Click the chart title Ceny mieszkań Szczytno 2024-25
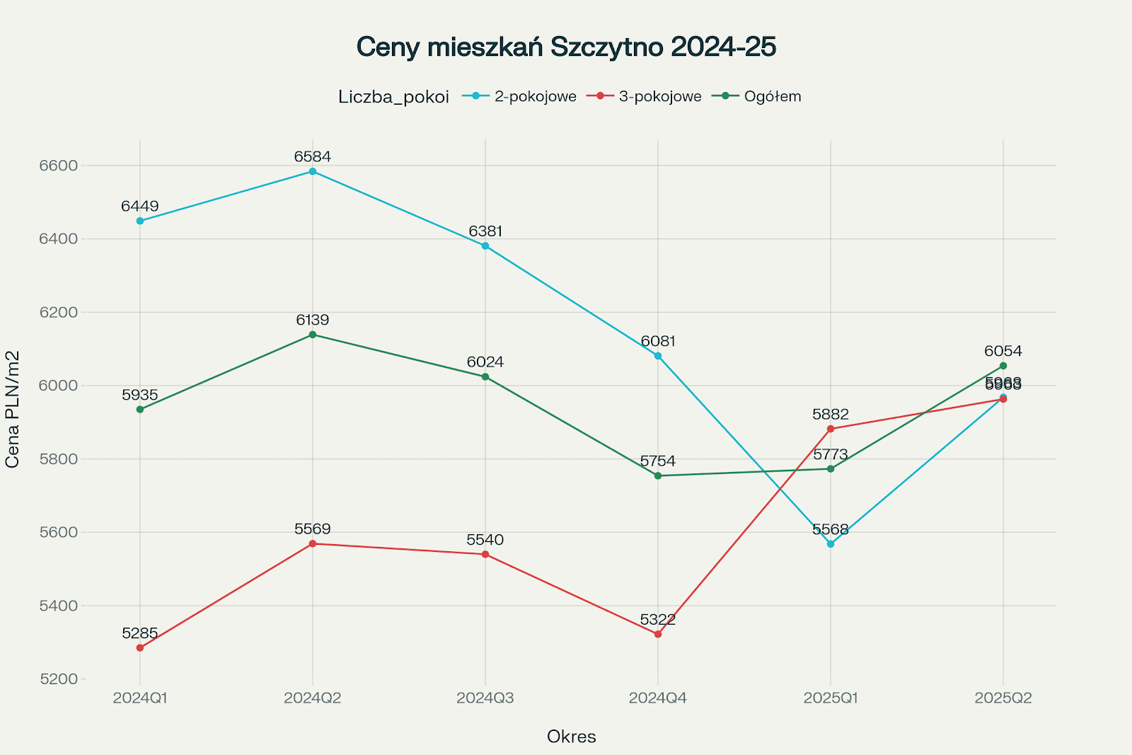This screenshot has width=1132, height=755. tap(566, 47)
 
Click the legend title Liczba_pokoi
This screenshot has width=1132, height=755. tap(393, 97)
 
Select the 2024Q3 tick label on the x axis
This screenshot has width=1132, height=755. tap(485, 698)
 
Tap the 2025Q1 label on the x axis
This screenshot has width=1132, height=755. tap(831, 698)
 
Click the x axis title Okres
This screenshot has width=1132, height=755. tap(572, 737)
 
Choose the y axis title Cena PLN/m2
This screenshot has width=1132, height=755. tap(13, 409)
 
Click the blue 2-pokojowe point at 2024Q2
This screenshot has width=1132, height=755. tap(313, 171)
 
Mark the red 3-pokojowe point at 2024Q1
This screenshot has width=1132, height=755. tap(140, 647)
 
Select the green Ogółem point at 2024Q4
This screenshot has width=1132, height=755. tap(658, 476)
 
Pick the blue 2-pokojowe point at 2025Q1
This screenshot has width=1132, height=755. tap(831, 544)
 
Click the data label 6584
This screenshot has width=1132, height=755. tap(313, 156)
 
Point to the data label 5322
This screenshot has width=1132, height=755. tap(658, 620)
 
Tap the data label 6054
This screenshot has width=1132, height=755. tap(1003, 351)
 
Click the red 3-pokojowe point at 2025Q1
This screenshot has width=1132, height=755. tap(831, 429)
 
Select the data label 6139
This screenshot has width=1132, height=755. tap(313, 320)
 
